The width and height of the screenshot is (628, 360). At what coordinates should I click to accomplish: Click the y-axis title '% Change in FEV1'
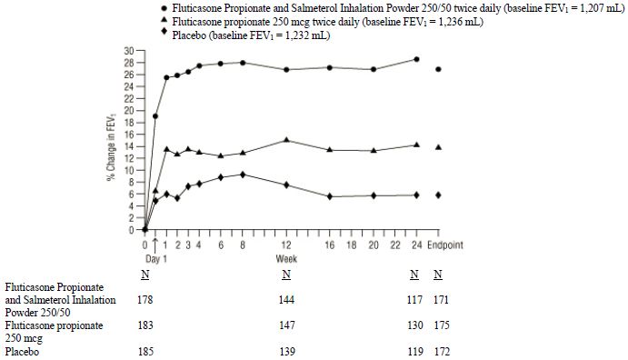(x=107, y=141)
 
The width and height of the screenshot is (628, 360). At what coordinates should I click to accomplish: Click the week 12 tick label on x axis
(x=286, y=246)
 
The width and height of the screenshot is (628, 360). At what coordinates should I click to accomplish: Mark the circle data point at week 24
(x=416, y=59)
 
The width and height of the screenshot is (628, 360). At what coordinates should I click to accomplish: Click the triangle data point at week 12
(x=286, y=140)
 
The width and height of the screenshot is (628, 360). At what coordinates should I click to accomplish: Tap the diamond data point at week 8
(x=243, y=175)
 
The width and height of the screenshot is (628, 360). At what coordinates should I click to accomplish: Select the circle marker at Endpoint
(x=439, y=69)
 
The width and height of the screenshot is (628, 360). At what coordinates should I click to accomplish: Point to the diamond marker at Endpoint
(x=439, y=195)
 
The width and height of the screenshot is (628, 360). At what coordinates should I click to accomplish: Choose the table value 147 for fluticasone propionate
(x=286, y=325)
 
